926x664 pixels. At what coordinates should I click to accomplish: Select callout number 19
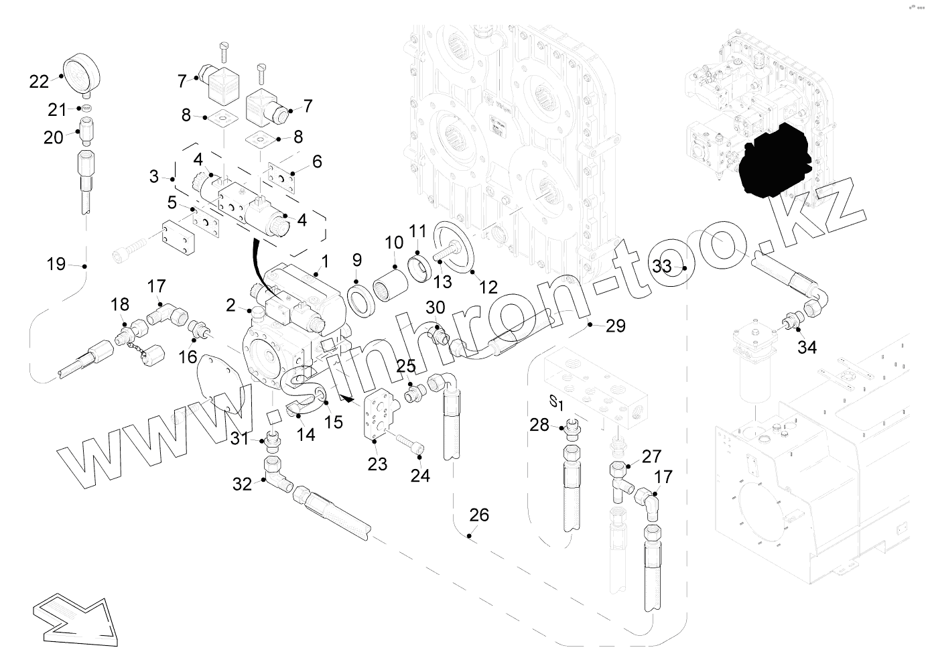(57, 264)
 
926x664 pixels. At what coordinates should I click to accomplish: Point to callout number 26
(479, 516)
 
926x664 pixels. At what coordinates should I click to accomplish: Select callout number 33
(662, 266)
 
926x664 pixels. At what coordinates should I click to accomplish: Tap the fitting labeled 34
(793, 322)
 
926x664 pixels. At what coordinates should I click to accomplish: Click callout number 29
(615, 326)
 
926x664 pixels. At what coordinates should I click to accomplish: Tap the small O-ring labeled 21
(84, 109)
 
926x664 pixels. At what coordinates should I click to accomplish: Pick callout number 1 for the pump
(325, 259)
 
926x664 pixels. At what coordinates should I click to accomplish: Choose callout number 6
(317, 161)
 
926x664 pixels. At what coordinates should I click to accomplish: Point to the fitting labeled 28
(571, 428)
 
